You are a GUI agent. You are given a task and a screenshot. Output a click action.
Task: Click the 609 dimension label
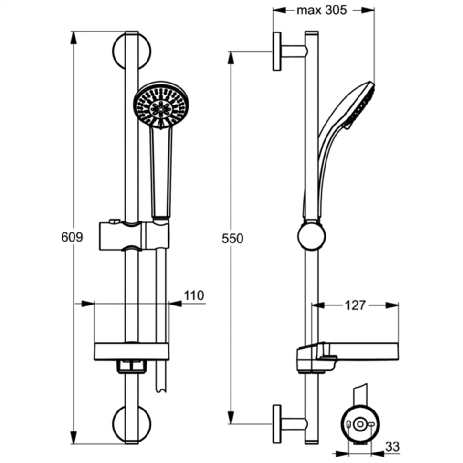point(72,237)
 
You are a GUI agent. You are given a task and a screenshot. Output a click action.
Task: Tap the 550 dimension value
point(232,239)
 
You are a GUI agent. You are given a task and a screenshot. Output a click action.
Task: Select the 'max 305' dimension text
point(322,11)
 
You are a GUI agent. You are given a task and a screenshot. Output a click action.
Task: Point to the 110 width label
point(194,295)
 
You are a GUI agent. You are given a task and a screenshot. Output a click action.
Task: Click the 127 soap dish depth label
point(355,305)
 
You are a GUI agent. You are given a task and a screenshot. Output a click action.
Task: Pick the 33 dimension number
point(392,446)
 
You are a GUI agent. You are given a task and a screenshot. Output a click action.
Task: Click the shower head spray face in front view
point(161,105)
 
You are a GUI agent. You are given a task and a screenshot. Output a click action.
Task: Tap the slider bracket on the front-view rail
point(134,235)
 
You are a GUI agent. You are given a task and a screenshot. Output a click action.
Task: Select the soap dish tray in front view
point(131,351)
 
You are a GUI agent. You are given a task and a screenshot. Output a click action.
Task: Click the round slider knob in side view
point(312,236)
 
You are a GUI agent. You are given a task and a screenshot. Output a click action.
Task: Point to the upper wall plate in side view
point(277,52)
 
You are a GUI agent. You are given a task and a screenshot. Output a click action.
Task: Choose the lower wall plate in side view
point(277,424)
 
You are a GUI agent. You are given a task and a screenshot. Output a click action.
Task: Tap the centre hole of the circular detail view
point(360,424)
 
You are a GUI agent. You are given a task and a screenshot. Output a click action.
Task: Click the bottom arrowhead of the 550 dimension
point(231,418)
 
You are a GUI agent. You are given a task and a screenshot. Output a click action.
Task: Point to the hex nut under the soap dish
point(132,366)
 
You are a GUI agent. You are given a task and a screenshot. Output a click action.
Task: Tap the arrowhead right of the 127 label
point(392,305)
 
